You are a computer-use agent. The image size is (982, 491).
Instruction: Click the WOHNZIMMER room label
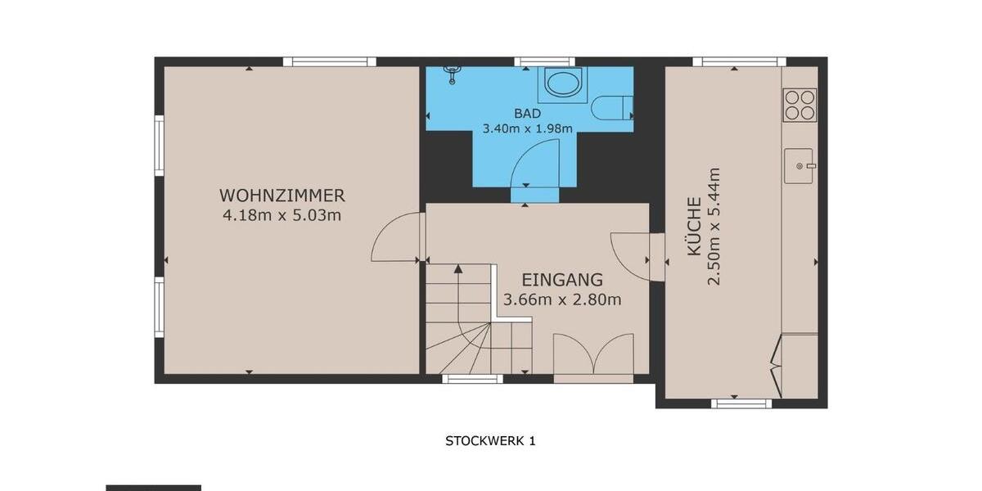282,196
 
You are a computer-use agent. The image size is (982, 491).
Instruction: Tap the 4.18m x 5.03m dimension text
282,216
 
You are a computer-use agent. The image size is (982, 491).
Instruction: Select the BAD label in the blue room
527,114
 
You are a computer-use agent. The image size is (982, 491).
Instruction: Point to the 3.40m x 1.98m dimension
527,128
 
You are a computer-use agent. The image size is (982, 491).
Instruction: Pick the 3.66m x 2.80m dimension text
562,300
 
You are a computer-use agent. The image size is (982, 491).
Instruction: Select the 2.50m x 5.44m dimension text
714,227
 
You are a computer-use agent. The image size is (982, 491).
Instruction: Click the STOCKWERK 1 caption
490,440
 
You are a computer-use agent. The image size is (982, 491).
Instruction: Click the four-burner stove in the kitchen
800,104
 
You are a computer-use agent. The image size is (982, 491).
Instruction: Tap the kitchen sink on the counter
799,166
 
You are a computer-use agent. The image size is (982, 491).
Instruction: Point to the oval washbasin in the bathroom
563,83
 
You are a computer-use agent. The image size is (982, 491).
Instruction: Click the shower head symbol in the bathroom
451,75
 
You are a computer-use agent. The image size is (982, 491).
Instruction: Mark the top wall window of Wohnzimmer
330,61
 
